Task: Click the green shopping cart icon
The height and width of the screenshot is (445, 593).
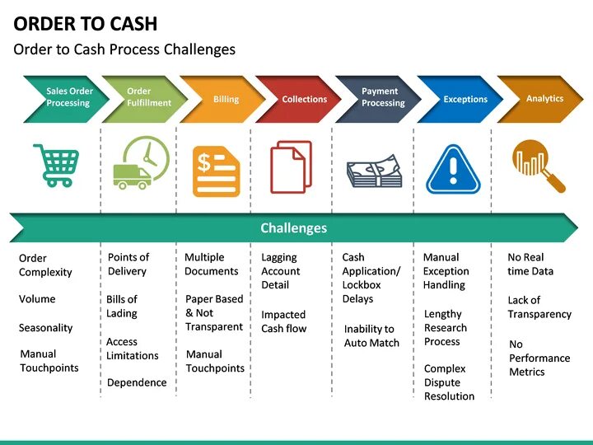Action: (x=56, y=165)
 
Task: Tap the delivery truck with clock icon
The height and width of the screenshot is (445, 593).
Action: (x=141, y=163)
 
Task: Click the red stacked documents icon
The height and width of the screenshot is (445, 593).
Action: (x=292, y=168)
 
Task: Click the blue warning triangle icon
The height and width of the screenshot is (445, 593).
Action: (x=453, y=169)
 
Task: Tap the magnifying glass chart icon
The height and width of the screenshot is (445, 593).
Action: (x=538, y=166)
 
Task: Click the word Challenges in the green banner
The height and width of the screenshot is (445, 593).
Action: (x=293, y=228)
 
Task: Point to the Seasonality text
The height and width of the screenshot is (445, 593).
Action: (x=45, y=328)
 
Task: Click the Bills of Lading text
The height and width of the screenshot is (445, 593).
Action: (x=122, y=307)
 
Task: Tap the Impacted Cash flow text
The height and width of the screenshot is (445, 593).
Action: (x=283, y=321)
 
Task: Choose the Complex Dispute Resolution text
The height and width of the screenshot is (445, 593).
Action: (x=449, y=382)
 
